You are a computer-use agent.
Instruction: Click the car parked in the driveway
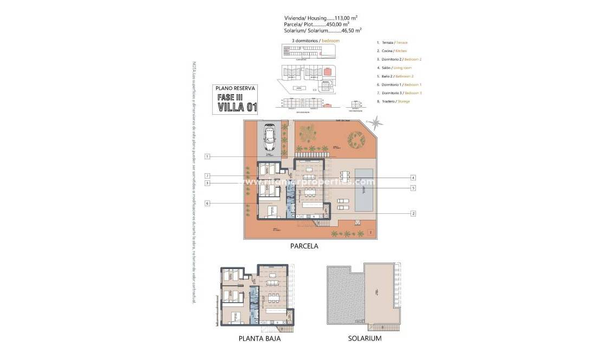269,139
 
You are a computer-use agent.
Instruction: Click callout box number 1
207,157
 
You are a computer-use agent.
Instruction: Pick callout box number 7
207,176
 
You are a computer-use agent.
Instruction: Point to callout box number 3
207,184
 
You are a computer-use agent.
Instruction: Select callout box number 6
207,203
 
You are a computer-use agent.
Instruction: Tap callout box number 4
413,178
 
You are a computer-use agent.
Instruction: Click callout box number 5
413,188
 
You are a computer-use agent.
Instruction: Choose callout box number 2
413,213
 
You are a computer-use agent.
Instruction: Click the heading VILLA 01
237,106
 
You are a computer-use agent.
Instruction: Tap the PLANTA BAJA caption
259,339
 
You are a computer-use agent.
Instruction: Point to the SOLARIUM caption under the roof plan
364,339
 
